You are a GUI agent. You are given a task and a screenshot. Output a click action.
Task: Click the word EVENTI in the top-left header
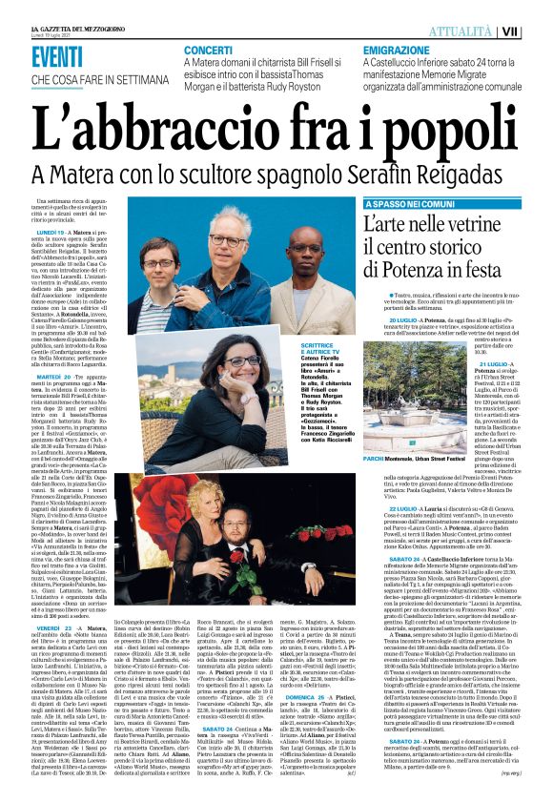coord(58,55)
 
